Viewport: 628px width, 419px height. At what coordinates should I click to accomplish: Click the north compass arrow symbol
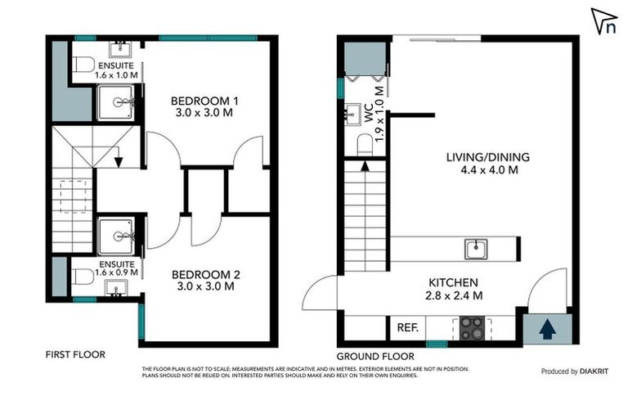(603, 20)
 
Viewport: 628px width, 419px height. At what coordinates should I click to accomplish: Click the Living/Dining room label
(487, 164)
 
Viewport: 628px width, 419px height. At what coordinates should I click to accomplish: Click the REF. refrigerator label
(407, 327)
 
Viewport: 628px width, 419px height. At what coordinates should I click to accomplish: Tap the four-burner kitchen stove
(472, 328)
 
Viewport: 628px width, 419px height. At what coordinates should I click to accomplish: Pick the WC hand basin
(354, 113)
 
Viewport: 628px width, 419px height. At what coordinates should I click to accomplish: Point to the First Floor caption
(75, 354)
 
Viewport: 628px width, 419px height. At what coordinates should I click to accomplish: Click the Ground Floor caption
(375, 356)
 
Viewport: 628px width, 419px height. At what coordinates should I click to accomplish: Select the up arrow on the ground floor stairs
(364, 167)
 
